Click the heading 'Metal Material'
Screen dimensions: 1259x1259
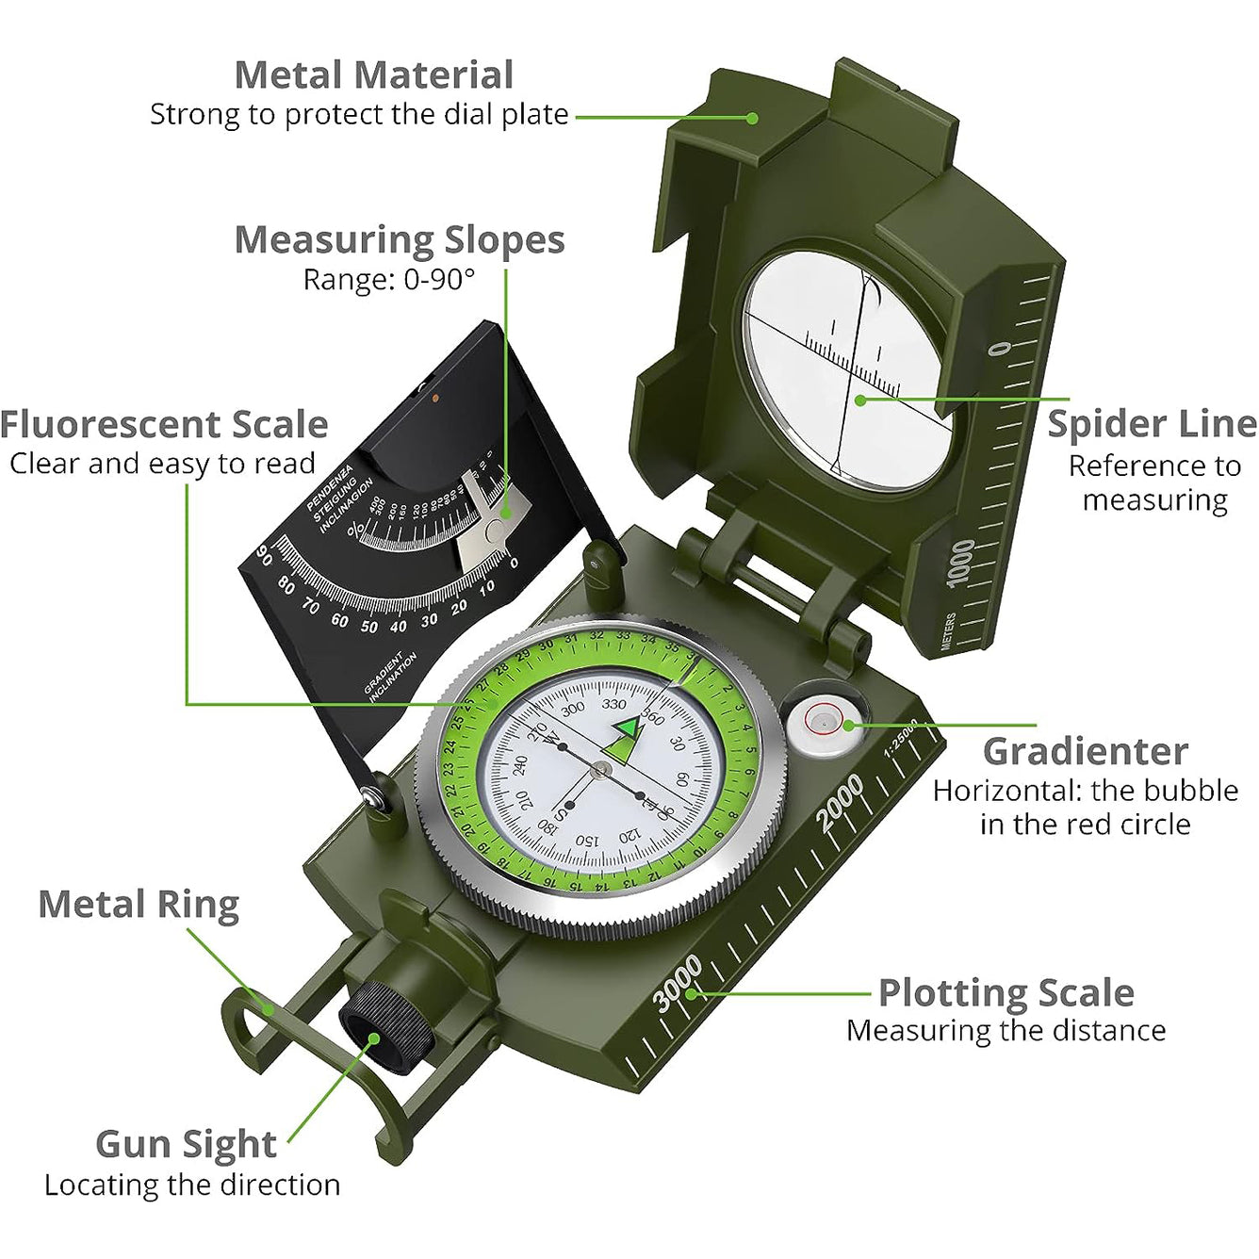click(373, 75)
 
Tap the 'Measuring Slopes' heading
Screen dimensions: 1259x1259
click(399, 240)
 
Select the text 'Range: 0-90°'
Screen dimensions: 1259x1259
click(388, 280)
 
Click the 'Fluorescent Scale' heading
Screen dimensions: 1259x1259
click(164, 425)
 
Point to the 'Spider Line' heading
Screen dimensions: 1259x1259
click(1152, 424)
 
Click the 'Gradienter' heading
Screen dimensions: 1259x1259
click(1085, 752)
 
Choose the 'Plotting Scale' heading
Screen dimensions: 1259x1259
click(1006, 993)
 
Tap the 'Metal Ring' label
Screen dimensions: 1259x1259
click(139, 905)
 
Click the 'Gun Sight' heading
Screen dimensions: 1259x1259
click(186, 1144)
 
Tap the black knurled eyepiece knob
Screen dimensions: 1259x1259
click(386, 1027)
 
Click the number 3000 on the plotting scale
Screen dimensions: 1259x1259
click(679, 982)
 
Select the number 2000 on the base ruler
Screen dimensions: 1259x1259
click(840, 802)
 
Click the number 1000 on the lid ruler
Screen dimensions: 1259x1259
click(960, 563)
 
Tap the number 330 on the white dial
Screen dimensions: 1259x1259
click(613, 704)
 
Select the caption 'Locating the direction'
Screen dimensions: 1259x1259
click(192, 1185)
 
